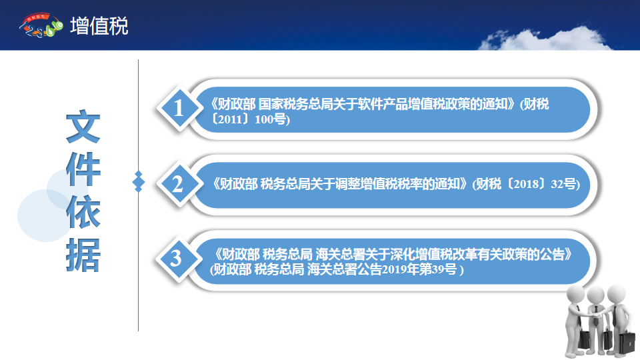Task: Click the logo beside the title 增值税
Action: coord(41,25)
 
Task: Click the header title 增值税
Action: coord(99,26)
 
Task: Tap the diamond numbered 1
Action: coord(179,109)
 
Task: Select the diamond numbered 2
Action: coord(179,184)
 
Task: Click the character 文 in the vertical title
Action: coord(83,126)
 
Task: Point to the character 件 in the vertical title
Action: coord(83,169)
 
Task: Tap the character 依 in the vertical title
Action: coord(83,212)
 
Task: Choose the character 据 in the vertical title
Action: coord(83,255)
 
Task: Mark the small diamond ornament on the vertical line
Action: coord(139,181)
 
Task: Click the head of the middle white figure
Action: coord(595,295)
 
